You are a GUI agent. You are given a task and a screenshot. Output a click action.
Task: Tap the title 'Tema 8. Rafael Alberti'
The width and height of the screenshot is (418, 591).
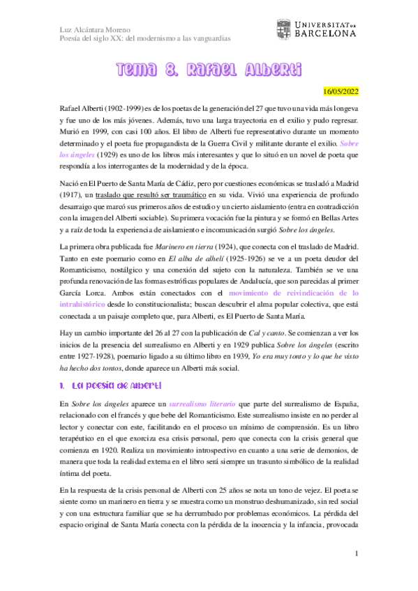click(209, 70)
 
